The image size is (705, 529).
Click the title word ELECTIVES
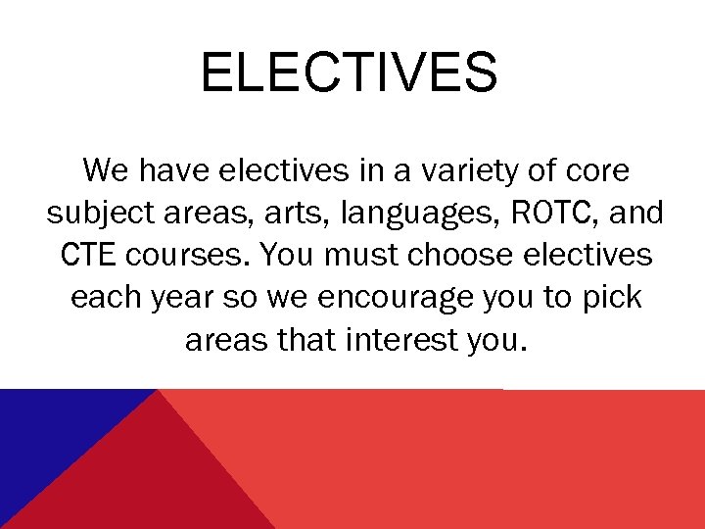coord(349,73)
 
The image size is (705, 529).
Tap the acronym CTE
coord(83,255)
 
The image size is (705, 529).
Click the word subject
coord(93,214)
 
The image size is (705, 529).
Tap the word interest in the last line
coord(400,339)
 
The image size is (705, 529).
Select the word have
coord(174,170)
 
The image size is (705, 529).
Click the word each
coord(106,297)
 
